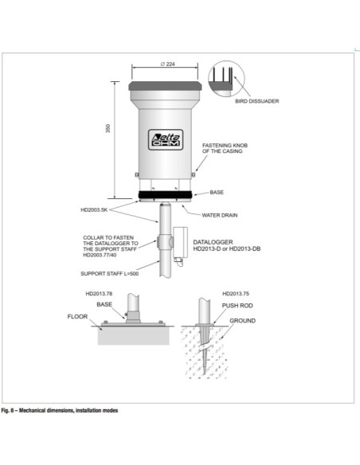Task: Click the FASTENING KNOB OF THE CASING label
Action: click(227, 149)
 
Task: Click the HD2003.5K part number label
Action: click(96, 210)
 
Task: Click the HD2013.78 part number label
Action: click(100, 295)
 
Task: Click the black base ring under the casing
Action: click(166, 193)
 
